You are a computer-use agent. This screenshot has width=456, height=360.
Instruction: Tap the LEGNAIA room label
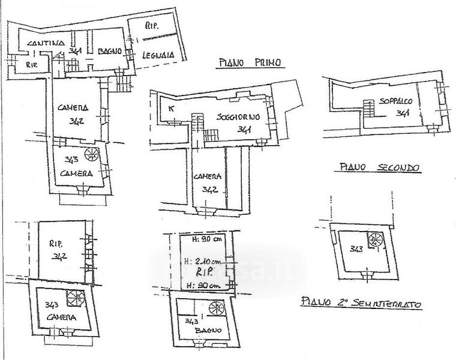pos(158,56)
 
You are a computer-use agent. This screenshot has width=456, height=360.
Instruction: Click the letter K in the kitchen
pos(172,109)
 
